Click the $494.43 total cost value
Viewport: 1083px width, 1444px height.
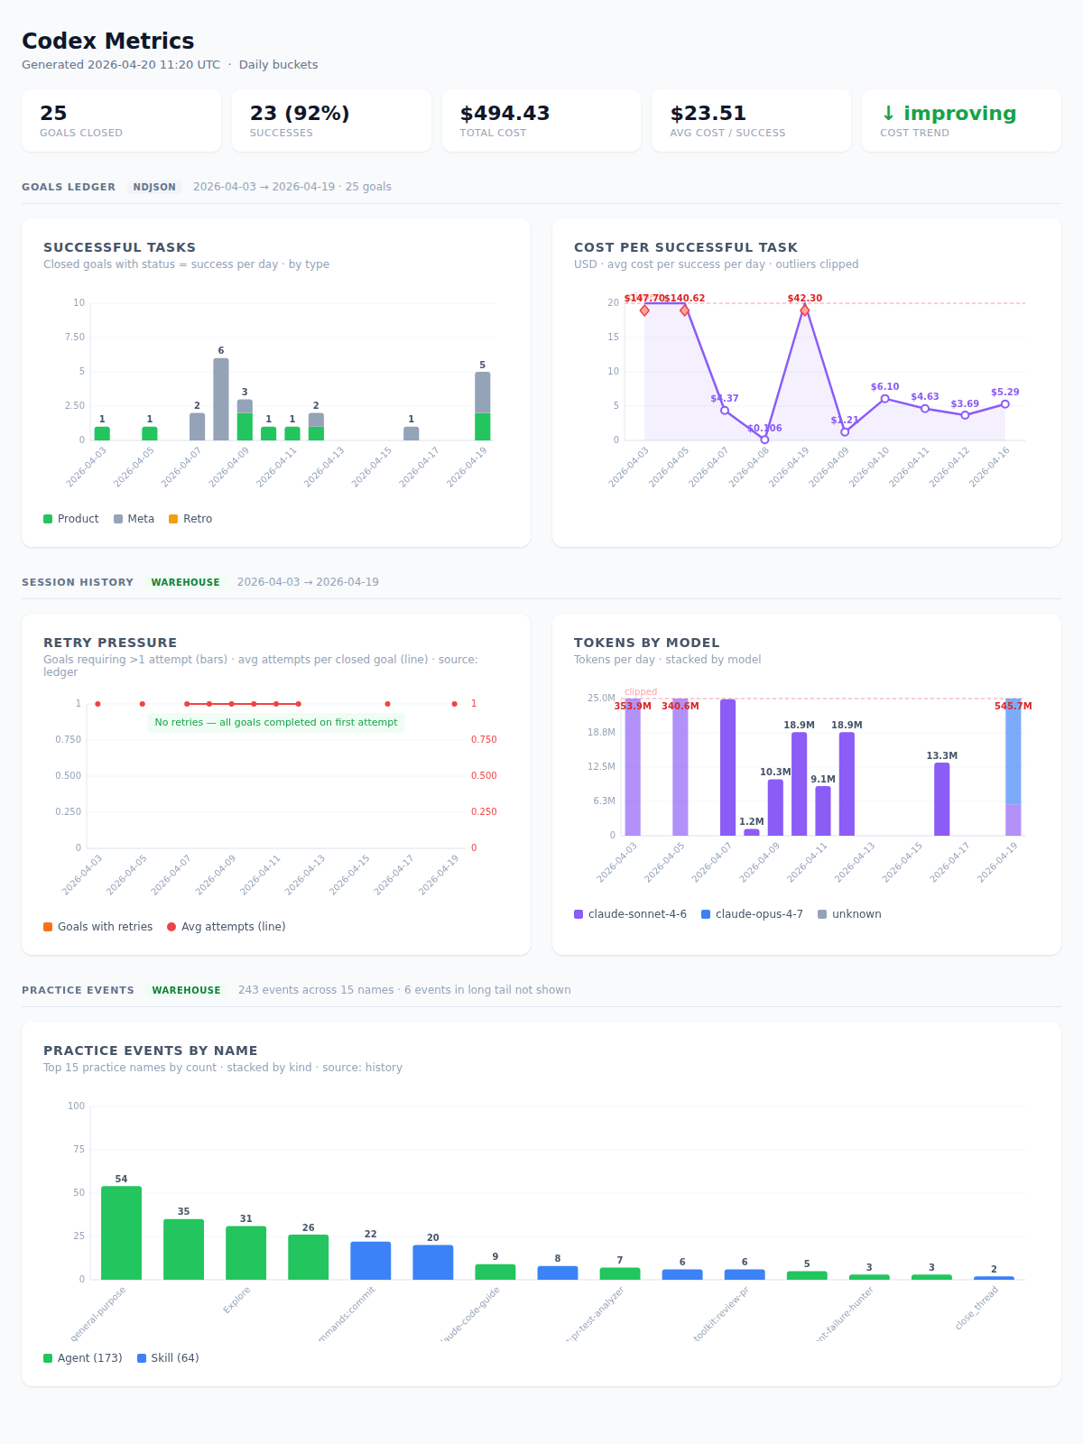(504, 114)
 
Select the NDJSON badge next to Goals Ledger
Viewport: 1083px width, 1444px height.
(154, 187)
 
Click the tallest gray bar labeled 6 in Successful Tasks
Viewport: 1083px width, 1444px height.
(221, 399)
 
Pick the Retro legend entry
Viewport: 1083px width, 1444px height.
(190, 519)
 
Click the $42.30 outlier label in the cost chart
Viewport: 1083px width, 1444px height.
(804, 298)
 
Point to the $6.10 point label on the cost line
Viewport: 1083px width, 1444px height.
(884, 386)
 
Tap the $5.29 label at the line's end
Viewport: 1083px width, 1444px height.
(1004, 392)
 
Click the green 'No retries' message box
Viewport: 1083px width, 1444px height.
(275, 722)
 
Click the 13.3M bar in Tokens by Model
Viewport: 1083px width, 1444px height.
(941, 799)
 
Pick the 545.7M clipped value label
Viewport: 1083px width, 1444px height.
(1013, 706)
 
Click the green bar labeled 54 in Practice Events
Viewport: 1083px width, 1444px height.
(121, 1233)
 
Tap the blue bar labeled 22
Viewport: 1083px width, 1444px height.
(370, 1260)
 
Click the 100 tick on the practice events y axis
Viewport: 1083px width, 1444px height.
(76, 1106)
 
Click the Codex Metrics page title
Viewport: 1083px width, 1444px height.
(107, 42)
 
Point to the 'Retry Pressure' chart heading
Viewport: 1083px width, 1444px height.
(110, 643)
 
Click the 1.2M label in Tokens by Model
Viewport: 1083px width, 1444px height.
(751, 821)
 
